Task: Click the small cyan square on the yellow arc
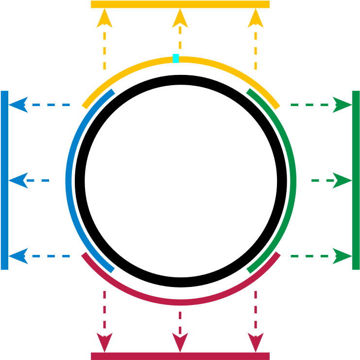click(x=176, y=58)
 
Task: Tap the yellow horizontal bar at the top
click(x=180, y=4)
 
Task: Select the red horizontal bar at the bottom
click(x=180, y=356)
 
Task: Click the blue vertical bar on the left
click(x=4, y=180)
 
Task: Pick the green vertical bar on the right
click(x=356, y=180)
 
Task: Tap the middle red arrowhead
click(x=180, y=342)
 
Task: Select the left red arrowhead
click(x=104, y=342)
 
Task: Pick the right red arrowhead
click(x=256, y=342)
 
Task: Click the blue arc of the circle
click(x=69, y=180)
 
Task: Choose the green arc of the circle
click(x=293, y=180)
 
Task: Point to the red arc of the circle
click(x=180, y=303)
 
